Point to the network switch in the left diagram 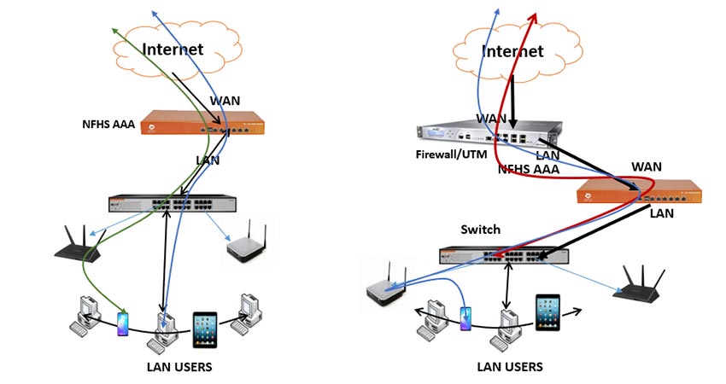click(171, 204)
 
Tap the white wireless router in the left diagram click(247, 244)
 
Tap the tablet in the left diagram click(205, 329)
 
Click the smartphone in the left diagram click(122, 323)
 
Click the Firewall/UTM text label click(450, 155)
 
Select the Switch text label click(480, 230)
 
